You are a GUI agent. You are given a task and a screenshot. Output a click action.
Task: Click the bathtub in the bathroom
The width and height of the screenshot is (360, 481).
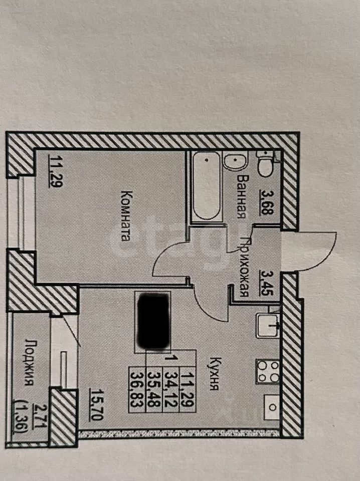[206, 186]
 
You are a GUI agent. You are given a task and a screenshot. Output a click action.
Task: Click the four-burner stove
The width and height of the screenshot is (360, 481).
[267, 371]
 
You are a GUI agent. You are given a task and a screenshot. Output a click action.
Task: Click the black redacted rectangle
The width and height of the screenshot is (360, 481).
[152, 321]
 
